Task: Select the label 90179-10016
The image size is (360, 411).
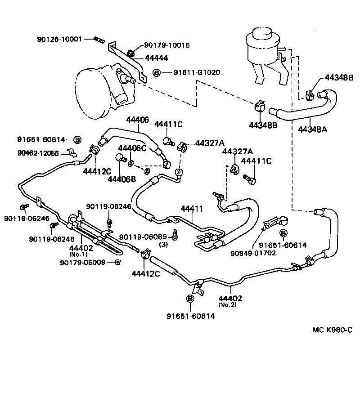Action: pos(167,45)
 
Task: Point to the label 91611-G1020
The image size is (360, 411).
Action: pos(192,72)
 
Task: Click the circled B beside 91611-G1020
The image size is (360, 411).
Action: pos(156,72)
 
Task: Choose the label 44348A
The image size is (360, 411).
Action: pos(312,129)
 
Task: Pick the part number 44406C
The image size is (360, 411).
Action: pos(132,148)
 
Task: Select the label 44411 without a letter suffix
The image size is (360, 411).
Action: pos(193,209)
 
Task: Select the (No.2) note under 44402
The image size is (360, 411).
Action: pos(229,304)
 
